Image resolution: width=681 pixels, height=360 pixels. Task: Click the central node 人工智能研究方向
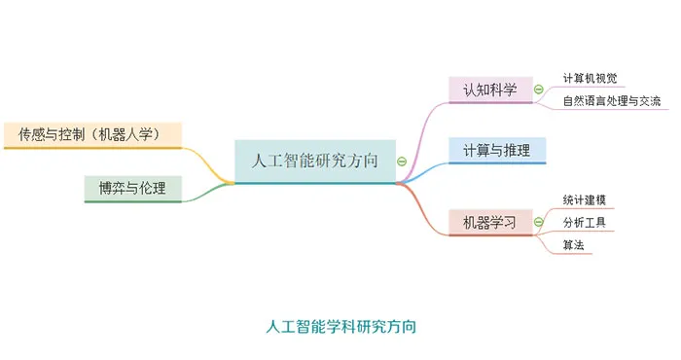pos(315,161)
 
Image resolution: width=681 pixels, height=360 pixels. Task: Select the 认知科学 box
pos(489,90)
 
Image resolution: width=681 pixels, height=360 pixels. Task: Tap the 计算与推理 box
pos(496,150)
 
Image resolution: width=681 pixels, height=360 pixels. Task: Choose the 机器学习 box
pos(489,222)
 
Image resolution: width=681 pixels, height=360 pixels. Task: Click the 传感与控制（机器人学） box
pos(91,134)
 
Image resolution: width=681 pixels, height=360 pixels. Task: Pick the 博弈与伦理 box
pos(132,188)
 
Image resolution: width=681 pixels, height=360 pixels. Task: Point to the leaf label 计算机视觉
pos(590,79)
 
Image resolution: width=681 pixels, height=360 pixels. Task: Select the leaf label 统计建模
pos(584,199)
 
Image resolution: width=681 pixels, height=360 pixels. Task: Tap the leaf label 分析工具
pos(584,223)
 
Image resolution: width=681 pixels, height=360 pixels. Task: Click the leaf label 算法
pos(573,245)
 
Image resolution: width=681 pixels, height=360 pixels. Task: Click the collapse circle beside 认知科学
pos(538,90)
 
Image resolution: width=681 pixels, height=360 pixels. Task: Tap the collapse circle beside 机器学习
pos(538,222)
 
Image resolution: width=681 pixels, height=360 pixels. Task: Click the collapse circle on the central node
pos(401,162)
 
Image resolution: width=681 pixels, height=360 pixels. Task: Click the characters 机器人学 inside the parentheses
pos(142,134)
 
